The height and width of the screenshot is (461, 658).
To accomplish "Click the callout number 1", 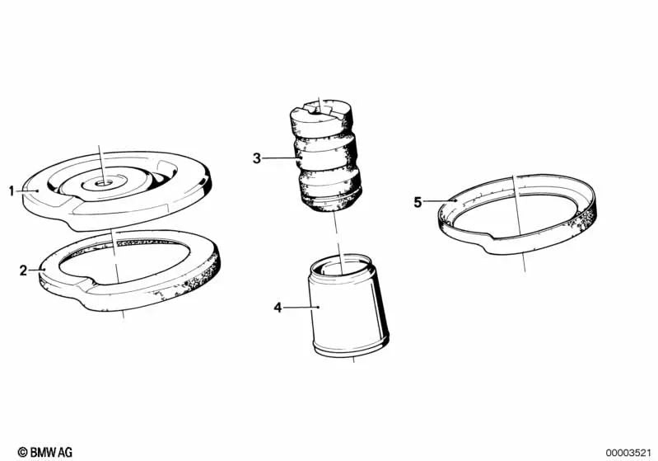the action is pyautogui.click(x=12, y=191).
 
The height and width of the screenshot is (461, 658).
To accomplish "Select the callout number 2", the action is pyautogui.click(x=23, y=270).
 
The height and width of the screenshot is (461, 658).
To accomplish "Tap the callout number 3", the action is pyautogui.click(x=257, y=158).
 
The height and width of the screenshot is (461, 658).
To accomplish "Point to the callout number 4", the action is pyautogui.click(x=278, y=308).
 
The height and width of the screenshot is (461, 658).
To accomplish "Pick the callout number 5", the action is pyautogui.click(x=418, y=202).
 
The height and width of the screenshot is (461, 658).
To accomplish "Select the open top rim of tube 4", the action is pyautogui.click(x=340, y=264).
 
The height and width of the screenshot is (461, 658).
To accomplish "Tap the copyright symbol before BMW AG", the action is pyautogui.click(x=23, y=452).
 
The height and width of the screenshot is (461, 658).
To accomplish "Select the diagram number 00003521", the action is pyautogui.click(x=628, y=453).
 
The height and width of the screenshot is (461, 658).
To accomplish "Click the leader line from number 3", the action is pyautogui.click(x=281, y=158).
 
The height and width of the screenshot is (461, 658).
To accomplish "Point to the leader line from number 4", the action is pyautogui.click(x=301, y=308).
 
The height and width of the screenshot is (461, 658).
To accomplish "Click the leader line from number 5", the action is pyautogui.click(x=440, y=201).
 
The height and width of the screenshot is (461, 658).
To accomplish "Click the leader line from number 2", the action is pyautogui.click(x=36, y=270).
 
